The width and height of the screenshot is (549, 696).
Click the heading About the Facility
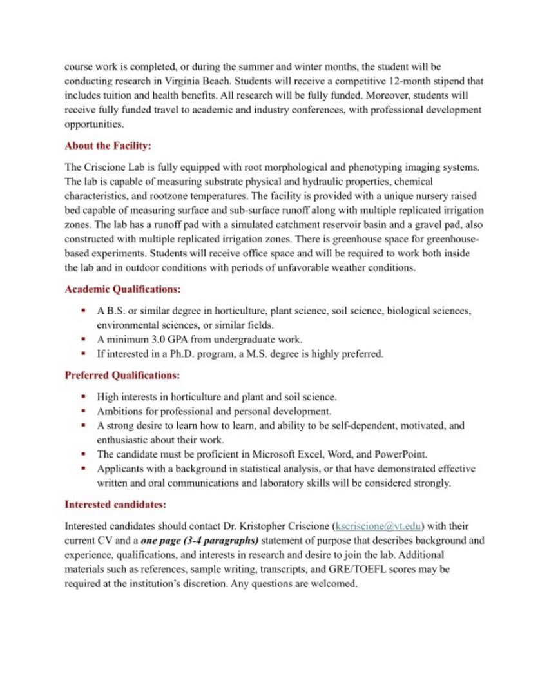pyautogui.click(x=108, y=146)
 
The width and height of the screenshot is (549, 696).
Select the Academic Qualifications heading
pyautogui.click(x=122, y=290)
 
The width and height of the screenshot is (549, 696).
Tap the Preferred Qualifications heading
pyautogui.click(x=122, y=375)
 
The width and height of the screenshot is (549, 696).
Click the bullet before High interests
pyautogui.click(x=84, y=397)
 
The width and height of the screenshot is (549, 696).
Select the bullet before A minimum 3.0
pyautogui.click(x=84, y=339)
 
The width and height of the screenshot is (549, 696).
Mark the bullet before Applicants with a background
pyautogui.click(x=84, y=469)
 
